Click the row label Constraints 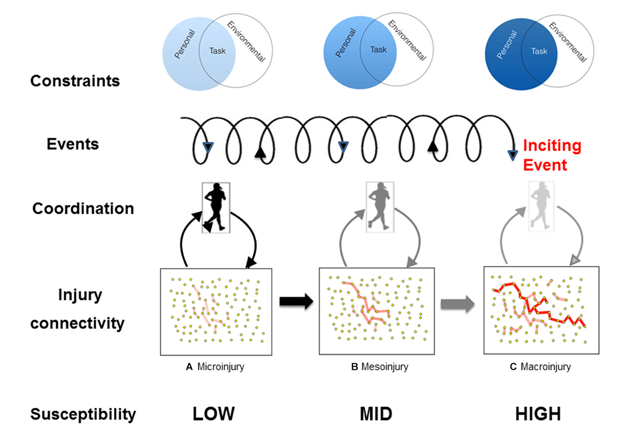click(x=75, y=81)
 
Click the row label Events click(x=73, y=144)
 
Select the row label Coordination click(x=83, y=209)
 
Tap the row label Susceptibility click(x=83, y=414)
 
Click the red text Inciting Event click(x=552, y=155)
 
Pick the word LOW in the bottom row click(x=214, y=414)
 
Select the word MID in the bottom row click(x=376, y=414)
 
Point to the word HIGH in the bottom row click(x=538, y=414)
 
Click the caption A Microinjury click(x=215, y=367)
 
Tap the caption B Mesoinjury click(x=380, y=367)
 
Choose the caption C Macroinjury click(x=540, y=367)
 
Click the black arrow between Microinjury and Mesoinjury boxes click(x=296, y=302)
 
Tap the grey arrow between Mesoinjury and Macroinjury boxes click(x=458, y=304)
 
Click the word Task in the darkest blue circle click(x=539, y=51)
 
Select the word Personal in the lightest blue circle click(x=185, y=44)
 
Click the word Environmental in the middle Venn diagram click(x=407, y=40)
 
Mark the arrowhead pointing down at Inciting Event click(x=513, y=155)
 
